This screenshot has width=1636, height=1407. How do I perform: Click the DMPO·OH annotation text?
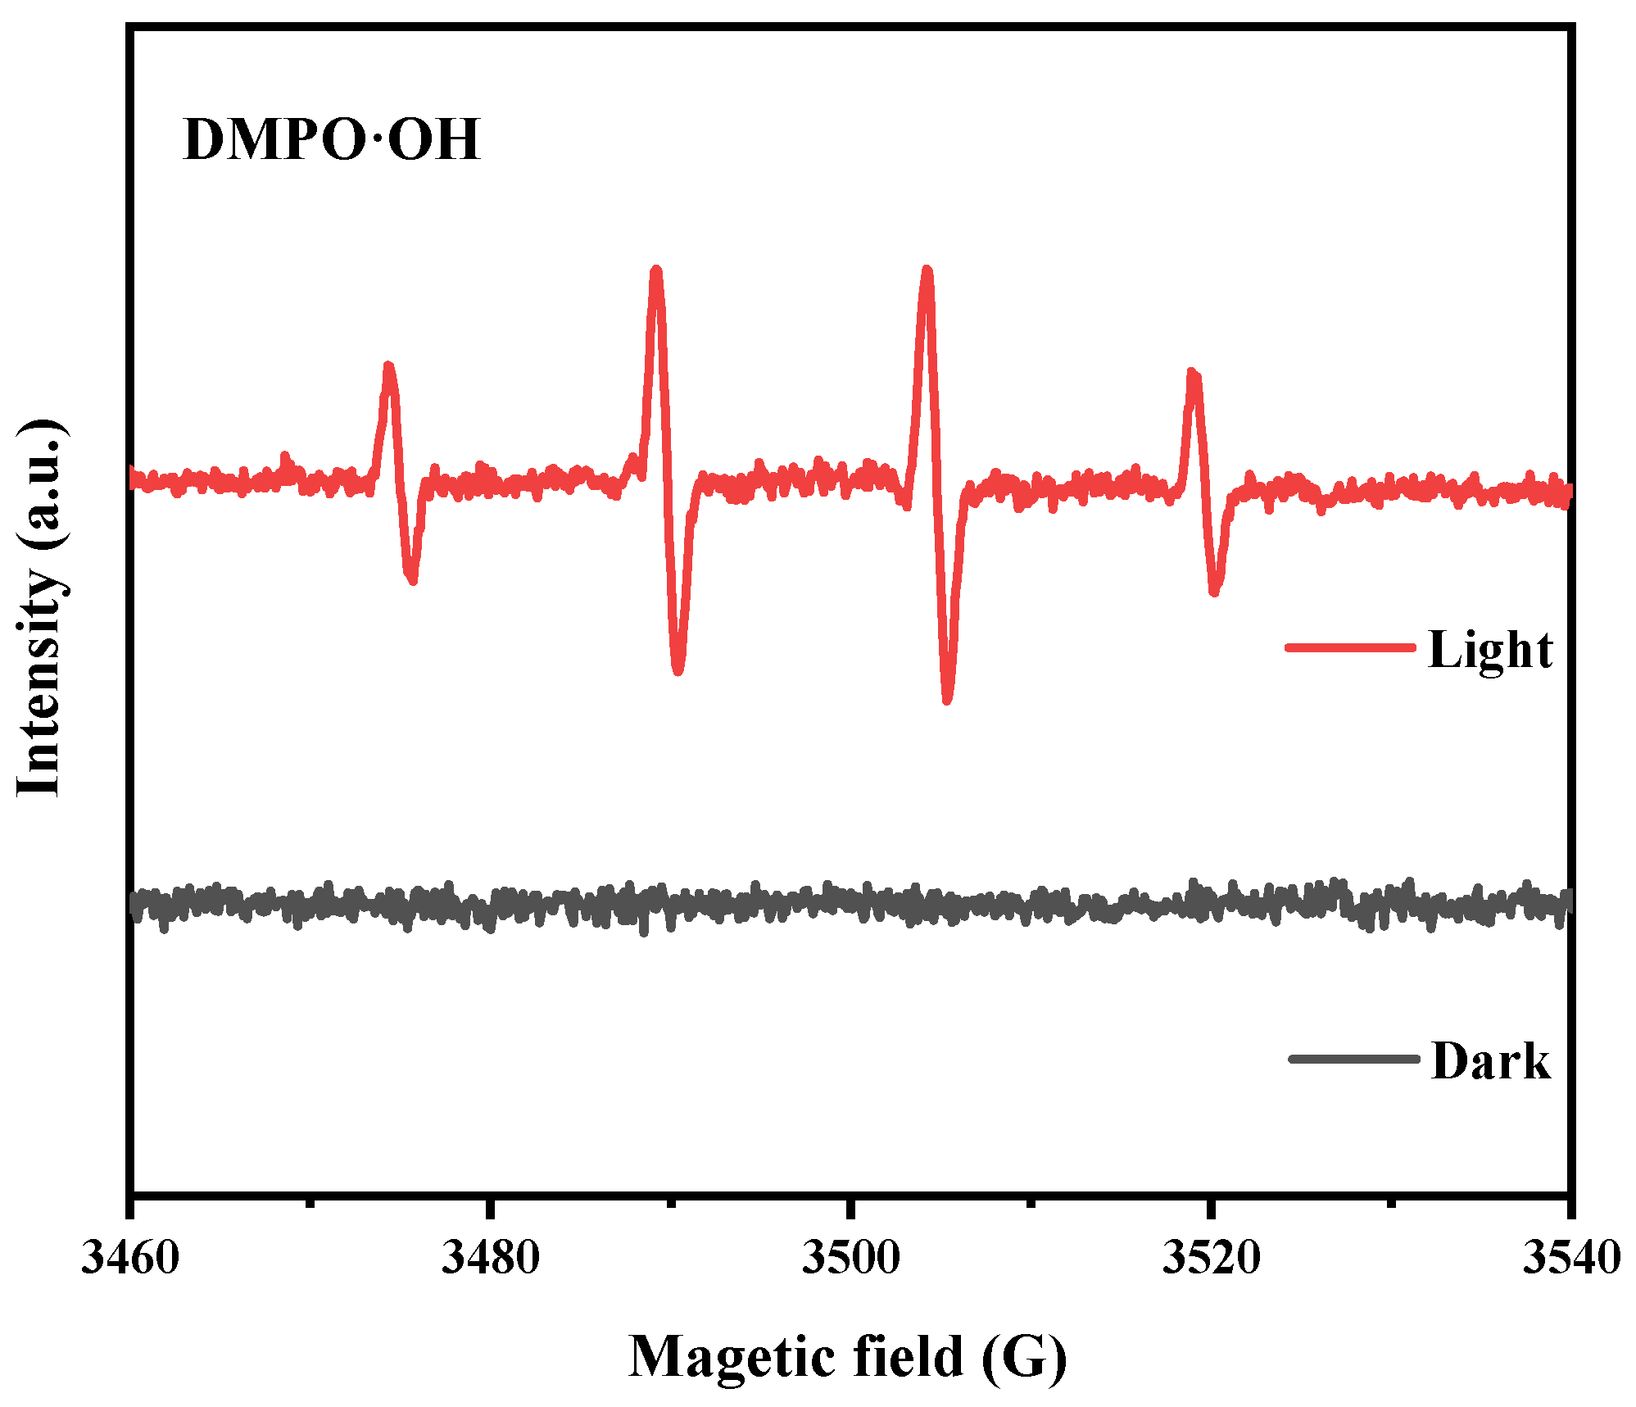pos(331,140)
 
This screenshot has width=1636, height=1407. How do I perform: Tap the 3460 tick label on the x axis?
pos(129,1258)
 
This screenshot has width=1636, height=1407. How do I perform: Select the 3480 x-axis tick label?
pos(489,1258)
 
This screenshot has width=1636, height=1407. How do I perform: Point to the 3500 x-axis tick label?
pos(850,1258)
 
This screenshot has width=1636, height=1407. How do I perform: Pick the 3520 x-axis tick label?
pos(1210,1258)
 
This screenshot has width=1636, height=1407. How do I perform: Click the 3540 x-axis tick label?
pos(1570,1258)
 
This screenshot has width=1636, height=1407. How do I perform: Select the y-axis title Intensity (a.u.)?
pos(39,607)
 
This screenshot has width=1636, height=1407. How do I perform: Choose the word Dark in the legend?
pos(1490,1061)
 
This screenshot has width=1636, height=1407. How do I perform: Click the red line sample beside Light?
pos(1350,647)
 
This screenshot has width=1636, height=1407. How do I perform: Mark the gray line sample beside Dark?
pos(1353,1059)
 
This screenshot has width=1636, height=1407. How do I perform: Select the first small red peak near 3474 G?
pos(388,366)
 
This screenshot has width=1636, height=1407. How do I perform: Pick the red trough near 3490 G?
pos(678,671)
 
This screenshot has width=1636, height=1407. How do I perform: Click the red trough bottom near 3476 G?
pos(412,580)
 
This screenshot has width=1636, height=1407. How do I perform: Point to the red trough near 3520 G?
pos(1215,591)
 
